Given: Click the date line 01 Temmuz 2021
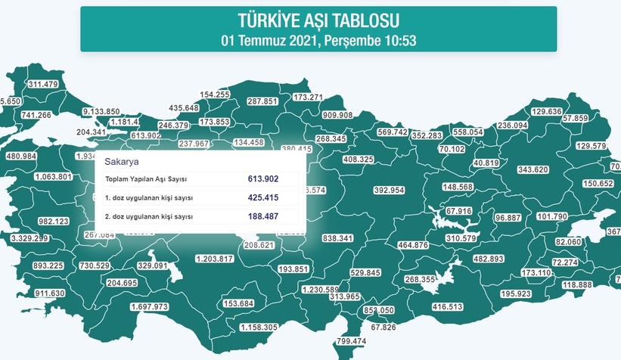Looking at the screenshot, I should (x=318, y=40).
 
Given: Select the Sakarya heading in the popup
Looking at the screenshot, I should (x=121, y=162).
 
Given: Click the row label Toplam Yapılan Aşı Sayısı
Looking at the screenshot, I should (x=146, y=179).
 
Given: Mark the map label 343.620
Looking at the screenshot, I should (x=532, y=169).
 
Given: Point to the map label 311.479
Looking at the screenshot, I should (x=43, y=84).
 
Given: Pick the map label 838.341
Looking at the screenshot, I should (x=337, y=238).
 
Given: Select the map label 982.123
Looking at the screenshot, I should (x=54, y=222).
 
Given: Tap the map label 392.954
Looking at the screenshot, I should (x=390, y=190).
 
